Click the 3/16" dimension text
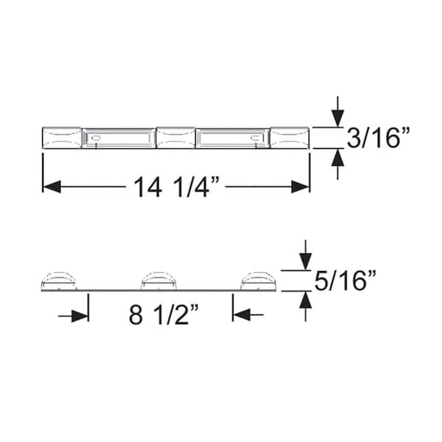click(378, 138)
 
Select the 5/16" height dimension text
click(345, 281)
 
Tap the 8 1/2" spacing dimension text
click(164, 315)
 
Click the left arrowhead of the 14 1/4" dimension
click(52, 187)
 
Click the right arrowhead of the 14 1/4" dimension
click(301, 187)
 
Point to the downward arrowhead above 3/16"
click(337, 118)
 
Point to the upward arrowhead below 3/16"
click(337, 158)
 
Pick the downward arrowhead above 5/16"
click(306, 262)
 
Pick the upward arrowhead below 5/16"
click(306, 300)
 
